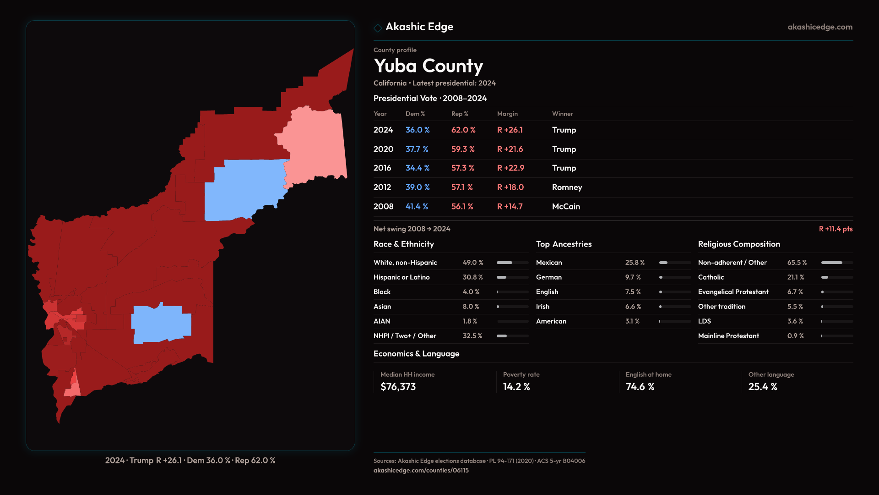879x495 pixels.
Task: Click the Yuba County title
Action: pyautogui.click(x=428, y=66)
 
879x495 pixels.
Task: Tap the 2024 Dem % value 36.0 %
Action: pyautogui.click(x=417, y=130)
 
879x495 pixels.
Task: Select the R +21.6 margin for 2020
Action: pyautogui.click(x=510, y=149)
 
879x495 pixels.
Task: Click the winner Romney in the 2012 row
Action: pyautogui.click(x=567, y=187)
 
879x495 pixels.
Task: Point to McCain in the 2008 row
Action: pyautogui.click(x=566, y=207)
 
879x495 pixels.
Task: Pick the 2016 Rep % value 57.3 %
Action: pyautogui.click(x=462, y=168)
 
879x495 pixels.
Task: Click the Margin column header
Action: pyautogui.click(x=507, y=114)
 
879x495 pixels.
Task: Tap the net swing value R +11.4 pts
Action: pyautogui.click(x=836, y=229)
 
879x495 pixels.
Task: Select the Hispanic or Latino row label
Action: pyautogui.click(x=402, y=277)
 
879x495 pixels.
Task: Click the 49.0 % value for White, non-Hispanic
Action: pyautogui.click(x=472, y=263)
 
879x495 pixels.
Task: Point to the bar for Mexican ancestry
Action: pyautogui.click(x=675, y=263)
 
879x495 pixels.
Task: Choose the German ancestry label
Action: pyautogui.click(x=548, y=277)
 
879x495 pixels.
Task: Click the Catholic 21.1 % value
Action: pyautogui.click(x=795, y=277)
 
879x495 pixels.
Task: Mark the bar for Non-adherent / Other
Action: pyautogui.click(x=836, y=263)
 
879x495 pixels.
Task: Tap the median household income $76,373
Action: pyautogui.click(x=398, y=387)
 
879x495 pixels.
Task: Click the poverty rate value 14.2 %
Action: pyautogui.click(x=516, y=387)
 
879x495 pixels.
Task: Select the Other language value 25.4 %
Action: pyautogui.click(x=762, y=387)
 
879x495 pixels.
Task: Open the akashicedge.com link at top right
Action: pyautogui.click(x=819, y=27)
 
